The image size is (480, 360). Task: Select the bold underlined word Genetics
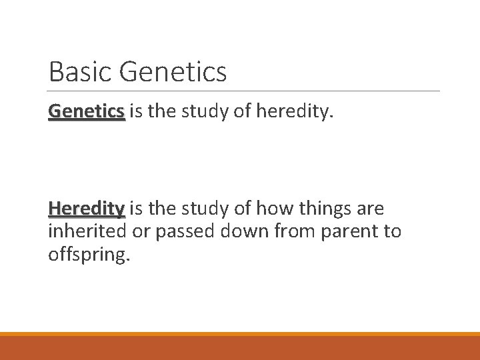click(87, 111)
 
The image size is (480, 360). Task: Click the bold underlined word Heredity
click(87, 209)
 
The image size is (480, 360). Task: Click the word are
click(371, 209)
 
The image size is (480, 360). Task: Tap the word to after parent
click(391, 231)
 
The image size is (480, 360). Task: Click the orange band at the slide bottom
click(240, 347)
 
